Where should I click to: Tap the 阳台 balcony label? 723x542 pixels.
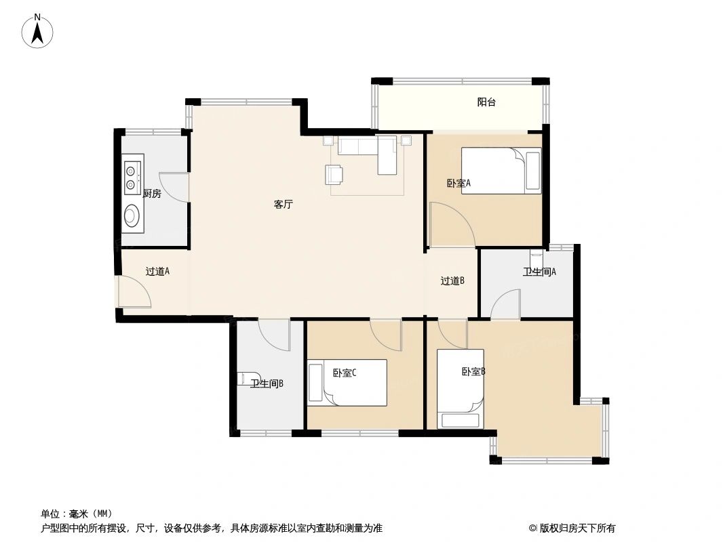tap(486, 103)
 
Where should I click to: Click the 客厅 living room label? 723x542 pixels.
tap(283, 204)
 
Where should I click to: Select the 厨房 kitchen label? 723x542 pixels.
tap(152, 194)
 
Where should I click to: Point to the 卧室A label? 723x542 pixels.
tap(458, 183)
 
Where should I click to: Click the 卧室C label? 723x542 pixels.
tap(345, 373)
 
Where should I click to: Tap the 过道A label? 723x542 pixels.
tap(157, 272)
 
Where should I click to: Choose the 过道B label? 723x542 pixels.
tap(452, 281)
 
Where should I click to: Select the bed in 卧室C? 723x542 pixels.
tap(347, 382)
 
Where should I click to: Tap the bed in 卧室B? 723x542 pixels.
tap(461, 388)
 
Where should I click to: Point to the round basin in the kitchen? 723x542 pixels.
tap(132, 216)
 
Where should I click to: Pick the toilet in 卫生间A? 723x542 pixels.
tap(536, 260)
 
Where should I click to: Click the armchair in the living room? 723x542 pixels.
tap(334, 175)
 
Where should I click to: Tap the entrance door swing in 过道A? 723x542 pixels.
tap(134, 292)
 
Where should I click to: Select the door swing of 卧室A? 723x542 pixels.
tap(450, 224)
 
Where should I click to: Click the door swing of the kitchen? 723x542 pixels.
tap(176, 186)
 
